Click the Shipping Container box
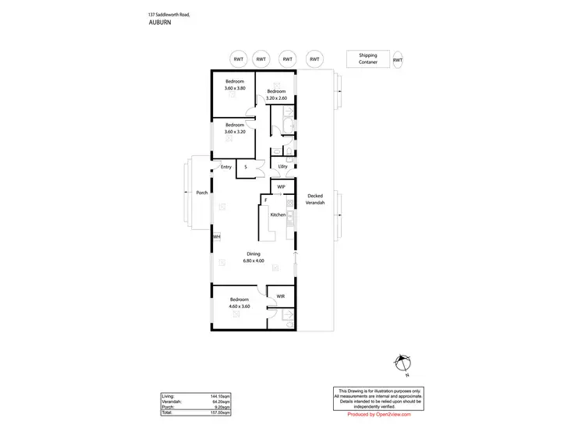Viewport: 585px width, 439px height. tap(368, 59)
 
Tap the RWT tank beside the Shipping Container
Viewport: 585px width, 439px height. tap(398, 59)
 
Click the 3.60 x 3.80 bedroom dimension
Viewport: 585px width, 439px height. tap(235, 88)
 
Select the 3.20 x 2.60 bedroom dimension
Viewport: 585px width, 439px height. tap(277, 98)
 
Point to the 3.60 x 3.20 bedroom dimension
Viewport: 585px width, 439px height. tap(235, 132)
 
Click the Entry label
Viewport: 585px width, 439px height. tap(226, 167)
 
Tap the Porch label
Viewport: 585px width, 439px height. tap(202, 193)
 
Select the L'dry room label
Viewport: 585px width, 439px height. tap(283, 167)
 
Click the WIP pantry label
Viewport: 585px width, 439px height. tap(282, 187)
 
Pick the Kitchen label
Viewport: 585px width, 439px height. tap(278, 214)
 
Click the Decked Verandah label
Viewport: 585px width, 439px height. tap(315, 200)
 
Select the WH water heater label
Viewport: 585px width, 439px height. tap(218, 236)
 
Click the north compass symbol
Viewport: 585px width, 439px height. tap(402, 363)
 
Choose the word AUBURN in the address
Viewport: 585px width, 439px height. tap(160, 23)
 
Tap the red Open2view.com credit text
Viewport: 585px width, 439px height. tap(378, 414)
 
